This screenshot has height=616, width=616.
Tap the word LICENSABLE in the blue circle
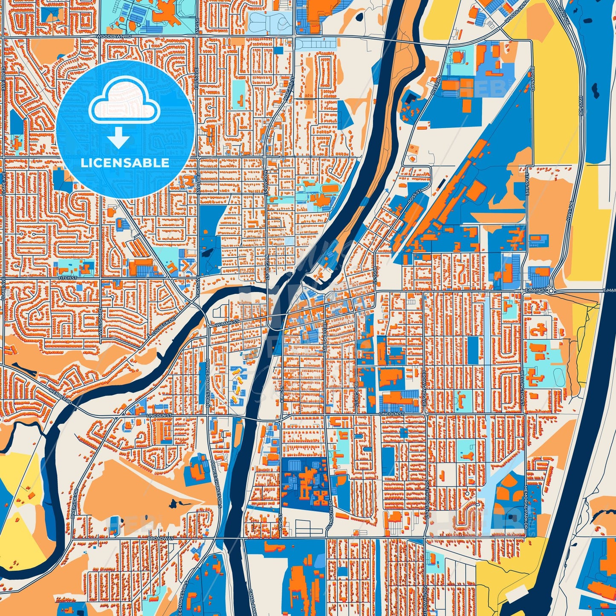(x=125, y=163)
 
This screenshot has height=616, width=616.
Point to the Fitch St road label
(x=67, y=278)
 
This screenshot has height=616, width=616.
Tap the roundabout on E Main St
(x=551, y=291)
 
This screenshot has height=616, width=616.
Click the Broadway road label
(x=160, y=538)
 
